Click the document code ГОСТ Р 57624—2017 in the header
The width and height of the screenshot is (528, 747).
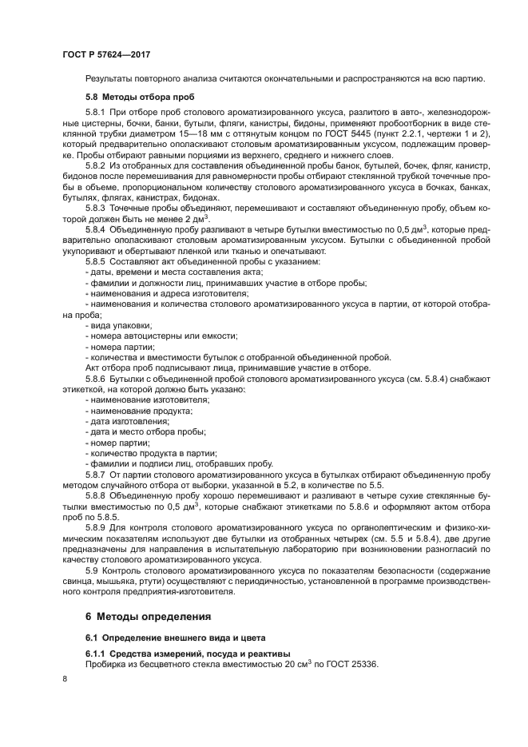click(x=106, y=55)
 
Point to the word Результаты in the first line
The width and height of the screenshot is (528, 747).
click(x=111, y=78)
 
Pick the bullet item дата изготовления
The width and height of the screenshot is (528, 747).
click(x=128, y=420)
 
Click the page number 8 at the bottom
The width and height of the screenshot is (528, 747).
click(x=64, y=679)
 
